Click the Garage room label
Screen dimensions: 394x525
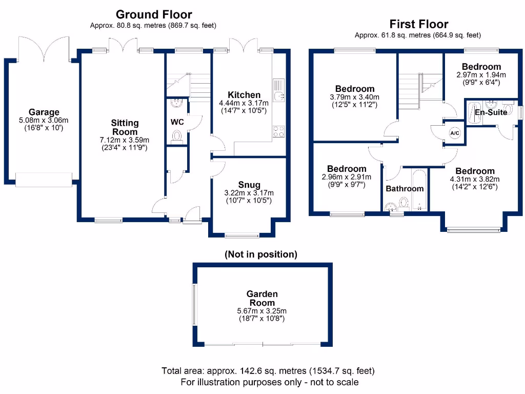[44, 112]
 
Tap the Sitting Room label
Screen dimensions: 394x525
[125, 127]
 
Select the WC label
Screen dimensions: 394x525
[177, 122]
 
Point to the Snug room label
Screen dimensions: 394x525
[249, 185]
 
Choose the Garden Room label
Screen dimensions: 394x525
[262, 298]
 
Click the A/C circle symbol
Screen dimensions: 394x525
[454, 133]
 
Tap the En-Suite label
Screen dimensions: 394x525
[491, 112]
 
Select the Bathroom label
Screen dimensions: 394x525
[405, 189]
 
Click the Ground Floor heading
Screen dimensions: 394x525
[154, 14]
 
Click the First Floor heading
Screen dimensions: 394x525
[418, 24]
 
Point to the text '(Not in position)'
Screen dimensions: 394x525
[261, 254]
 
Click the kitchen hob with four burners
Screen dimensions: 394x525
[279, 131]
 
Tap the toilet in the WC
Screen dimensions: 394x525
[177, 136]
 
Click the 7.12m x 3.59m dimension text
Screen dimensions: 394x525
[125, 140]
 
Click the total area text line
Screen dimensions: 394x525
[268, 371]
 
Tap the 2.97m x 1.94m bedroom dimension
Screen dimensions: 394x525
[481, 74]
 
